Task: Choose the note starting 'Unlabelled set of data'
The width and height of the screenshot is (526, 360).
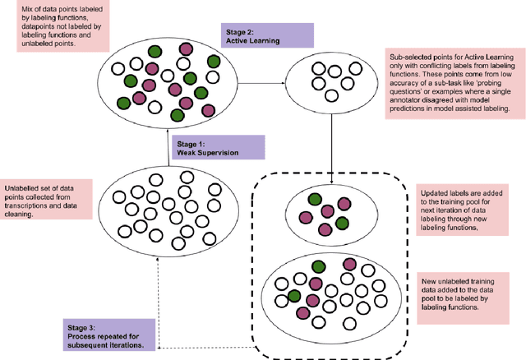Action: [43, 200]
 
